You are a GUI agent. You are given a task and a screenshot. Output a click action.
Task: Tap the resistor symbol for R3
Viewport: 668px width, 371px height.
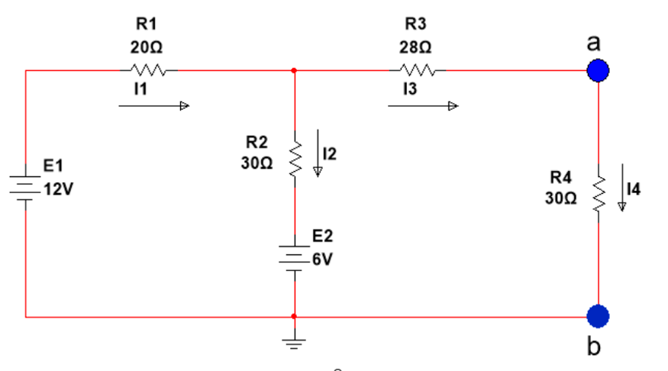click(416, 71)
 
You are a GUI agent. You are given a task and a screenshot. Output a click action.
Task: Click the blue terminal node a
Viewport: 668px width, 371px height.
click(599, 71)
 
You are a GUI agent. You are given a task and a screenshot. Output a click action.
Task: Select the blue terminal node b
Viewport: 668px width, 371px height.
click(599, 315)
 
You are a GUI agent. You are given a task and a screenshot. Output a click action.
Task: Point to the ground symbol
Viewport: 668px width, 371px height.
click(294, 340)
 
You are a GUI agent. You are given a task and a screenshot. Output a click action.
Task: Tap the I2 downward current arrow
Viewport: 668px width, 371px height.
click(318, 157)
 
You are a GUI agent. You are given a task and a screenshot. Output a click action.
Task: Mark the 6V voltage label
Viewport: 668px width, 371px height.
click(322, 259)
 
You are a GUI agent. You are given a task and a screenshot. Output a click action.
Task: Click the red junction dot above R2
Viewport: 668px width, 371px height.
click(294, 71)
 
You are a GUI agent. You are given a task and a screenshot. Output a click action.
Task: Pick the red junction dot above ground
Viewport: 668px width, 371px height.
click(294, 315)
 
